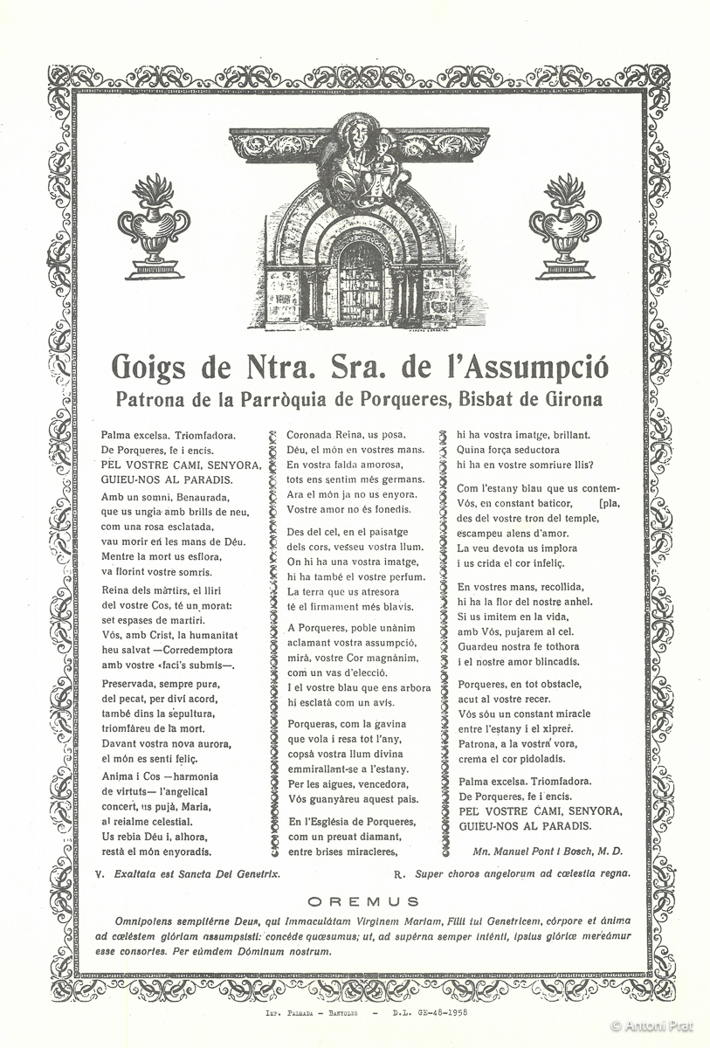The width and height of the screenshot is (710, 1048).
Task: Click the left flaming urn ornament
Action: [x=155, y=226]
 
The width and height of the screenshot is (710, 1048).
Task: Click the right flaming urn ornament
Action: [x=565, y=226]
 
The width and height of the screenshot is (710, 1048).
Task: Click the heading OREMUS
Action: [x=363, y=901]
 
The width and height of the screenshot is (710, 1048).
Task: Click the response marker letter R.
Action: [x=398, y=872]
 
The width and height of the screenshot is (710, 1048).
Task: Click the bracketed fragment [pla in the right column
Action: [x=608, y=503]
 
